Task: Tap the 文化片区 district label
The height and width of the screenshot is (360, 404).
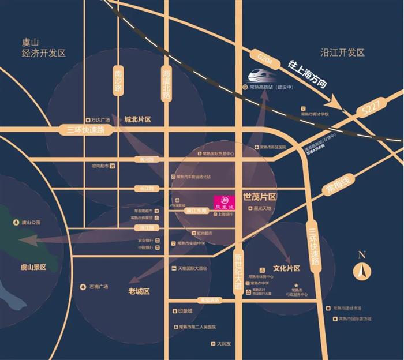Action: point(287,269)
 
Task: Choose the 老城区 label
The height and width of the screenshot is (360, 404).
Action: point(139,292)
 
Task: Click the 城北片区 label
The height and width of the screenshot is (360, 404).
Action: point(137,119)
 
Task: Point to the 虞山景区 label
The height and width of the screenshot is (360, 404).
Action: point(33,267)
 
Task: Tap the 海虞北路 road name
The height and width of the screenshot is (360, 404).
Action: point(166,84)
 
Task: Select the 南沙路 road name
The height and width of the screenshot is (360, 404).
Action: point(119,83)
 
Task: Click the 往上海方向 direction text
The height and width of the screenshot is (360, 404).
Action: point(308,73)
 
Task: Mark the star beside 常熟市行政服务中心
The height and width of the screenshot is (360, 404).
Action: point(295,286)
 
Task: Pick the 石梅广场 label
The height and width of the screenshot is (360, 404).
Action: point(98,287)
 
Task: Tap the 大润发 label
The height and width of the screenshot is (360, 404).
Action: point(220,344)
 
